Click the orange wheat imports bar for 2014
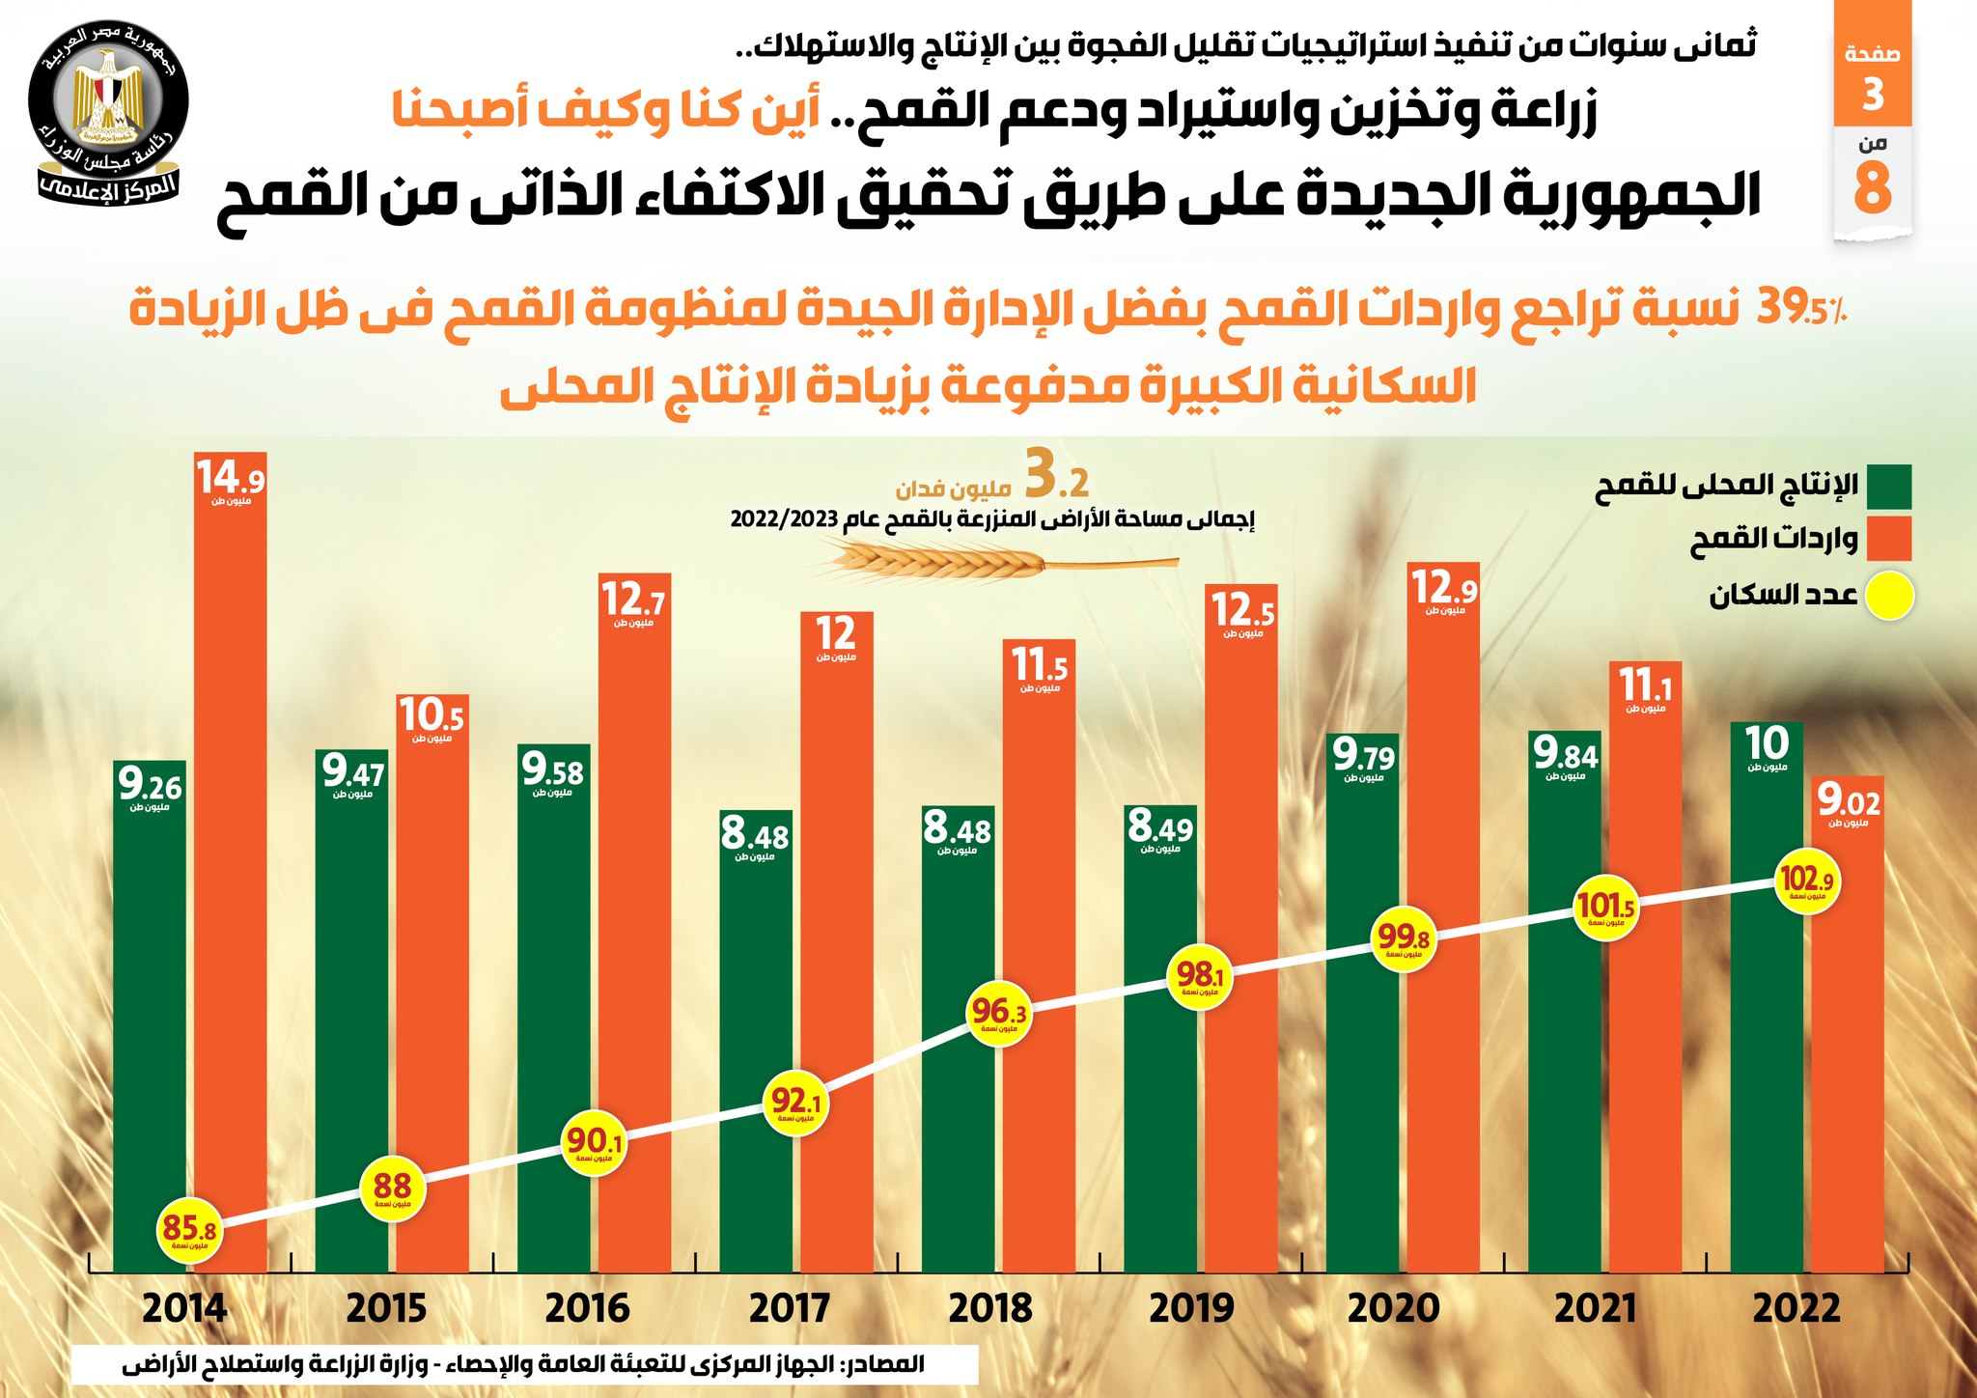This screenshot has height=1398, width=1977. pyautogui.click(x=231, y=869)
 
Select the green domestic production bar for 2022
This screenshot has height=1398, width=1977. pyautogui.click(x=1767, y=1062)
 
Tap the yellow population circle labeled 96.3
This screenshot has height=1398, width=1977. pyautogui.click(x=998, y=1013)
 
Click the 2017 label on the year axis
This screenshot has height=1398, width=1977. pyautogui.click(x=789, y=1309)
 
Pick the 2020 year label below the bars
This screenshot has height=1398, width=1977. pyautogui.click(x=1393, y=1309)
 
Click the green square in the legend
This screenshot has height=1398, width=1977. pyautogui.click(x=1888, y=487)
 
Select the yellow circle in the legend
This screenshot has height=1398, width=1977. pyautogui.click(x=1888, y=596)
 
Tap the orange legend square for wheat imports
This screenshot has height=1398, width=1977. pyautogui.click(x=1888, y=539)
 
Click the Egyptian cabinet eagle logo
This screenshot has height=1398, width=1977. pyautogui.click(x=109, y=102)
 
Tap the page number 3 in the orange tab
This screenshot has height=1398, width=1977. pyautogui.click(x=1873, y=95)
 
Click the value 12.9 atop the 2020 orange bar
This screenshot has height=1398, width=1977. pyautogui.click(x=1443, y=588)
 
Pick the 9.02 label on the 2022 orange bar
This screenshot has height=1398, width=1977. pyautogui.click(x=1848, y=800)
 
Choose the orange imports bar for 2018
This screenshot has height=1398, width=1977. pyautogui.click(x=1039, y=965)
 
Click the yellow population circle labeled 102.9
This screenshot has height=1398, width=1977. pyautogui.click(x=1806, y=881)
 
